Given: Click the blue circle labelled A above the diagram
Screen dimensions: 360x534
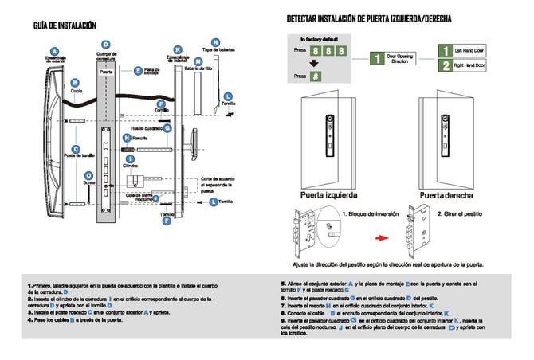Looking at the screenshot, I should coord(54,52).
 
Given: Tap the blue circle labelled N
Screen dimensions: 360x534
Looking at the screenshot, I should coord(215,41).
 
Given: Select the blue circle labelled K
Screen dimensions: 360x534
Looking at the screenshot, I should coord(177,49).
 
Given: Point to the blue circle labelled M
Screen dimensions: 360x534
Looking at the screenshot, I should coord(198,61).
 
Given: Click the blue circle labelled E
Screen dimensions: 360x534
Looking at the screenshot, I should coord(138,71).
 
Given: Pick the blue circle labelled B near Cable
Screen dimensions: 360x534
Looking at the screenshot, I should coord(74,82).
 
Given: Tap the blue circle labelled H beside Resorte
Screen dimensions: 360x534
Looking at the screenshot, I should coord(126,138).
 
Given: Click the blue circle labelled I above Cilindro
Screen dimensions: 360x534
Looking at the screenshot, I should coord(130,158).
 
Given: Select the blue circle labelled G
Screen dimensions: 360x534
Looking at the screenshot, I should coord(167,127).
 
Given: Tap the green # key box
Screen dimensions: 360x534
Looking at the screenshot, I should coord(316,76).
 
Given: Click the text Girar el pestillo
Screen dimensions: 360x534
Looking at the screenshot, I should coord(462,214).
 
